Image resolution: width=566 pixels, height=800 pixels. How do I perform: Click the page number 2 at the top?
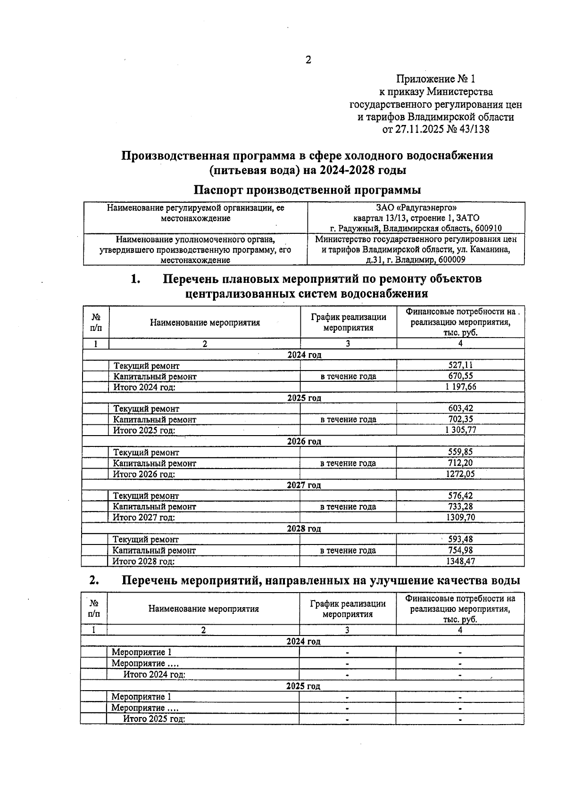click(308, 60)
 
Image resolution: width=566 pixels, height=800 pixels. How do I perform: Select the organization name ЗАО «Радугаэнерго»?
click(416, 207)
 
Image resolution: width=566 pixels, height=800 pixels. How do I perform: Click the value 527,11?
click(460, 365)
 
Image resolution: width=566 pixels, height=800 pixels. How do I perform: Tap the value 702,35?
click(460, 419)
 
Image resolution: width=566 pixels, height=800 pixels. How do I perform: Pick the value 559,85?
click(460, 452)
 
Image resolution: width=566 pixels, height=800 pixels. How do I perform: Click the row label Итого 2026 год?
click(144, 474)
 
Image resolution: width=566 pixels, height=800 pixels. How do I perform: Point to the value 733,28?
click(460, 507)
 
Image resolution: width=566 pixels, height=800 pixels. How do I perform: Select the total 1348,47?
click(460, 561)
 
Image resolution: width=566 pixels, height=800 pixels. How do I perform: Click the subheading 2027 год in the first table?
click(304, 485)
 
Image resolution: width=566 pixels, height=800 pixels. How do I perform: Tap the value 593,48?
click(460, 539)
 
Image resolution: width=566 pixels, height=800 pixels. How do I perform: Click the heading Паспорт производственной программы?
click(307, 190)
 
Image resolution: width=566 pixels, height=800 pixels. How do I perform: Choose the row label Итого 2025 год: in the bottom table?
click(154, 719)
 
